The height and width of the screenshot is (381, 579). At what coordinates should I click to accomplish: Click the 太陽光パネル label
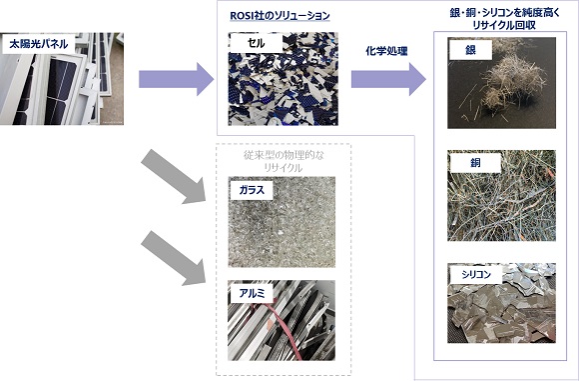point(39,44)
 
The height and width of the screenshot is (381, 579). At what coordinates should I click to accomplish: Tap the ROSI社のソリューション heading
point(280,16)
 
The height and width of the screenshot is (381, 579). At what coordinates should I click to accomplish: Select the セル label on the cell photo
point(256,43)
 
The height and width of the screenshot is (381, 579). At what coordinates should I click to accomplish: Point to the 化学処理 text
point(386,51)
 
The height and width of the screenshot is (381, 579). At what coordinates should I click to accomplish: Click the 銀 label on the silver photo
point(470,50)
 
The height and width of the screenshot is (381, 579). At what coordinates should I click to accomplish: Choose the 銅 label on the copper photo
point(475,163)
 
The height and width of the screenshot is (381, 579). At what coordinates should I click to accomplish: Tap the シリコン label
point(476,274)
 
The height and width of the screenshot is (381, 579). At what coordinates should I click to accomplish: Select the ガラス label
point(252,190)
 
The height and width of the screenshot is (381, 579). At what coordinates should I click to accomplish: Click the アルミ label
point(252,293)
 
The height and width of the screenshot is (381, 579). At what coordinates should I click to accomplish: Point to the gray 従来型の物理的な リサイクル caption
point(284,161)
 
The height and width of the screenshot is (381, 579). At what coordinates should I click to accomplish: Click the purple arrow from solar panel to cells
point(176,79)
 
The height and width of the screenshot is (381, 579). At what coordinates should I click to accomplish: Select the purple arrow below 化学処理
point(388,79)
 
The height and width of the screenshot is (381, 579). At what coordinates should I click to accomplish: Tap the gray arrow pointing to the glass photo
point(174,177)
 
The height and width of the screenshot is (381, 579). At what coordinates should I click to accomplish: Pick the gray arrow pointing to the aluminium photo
point(174,258)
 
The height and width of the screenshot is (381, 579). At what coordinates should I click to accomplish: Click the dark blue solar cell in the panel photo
point(59,91)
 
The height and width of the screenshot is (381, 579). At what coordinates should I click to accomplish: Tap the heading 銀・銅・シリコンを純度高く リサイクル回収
point(504,19)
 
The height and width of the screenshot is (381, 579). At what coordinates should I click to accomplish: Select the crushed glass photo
point(282,222)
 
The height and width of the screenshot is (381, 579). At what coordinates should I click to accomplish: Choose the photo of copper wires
point(501,196)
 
